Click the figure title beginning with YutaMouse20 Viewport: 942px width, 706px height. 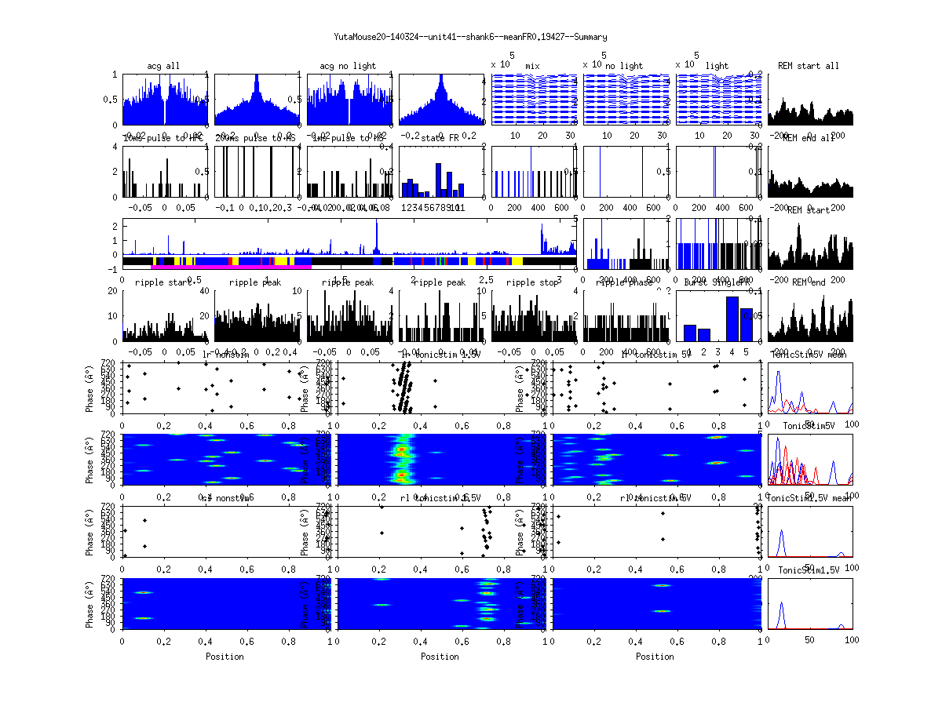point(470,37)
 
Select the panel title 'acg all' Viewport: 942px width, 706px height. point(163,66)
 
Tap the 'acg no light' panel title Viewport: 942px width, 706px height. point(348,66)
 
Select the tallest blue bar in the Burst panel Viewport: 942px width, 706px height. point(732,318)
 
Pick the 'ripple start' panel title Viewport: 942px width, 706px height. point(163,282)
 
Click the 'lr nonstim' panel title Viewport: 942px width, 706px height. point(228,355)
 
